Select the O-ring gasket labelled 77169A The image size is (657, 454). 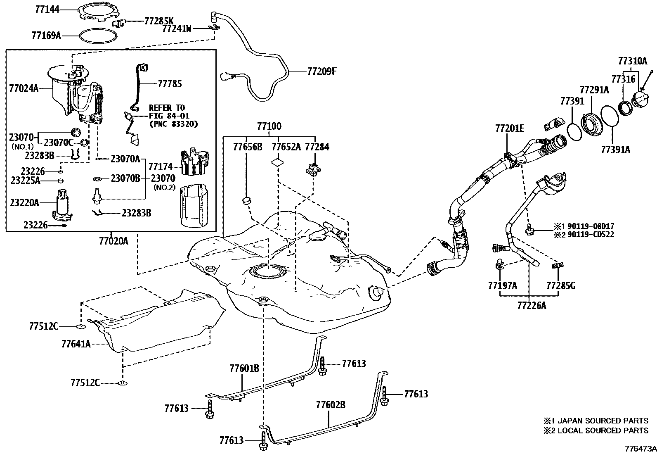click(98, 36)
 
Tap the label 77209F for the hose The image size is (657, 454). click(322, 71)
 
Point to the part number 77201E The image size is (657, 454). click(510, 129)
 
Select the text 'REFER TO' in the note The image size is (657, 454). click(167, 108)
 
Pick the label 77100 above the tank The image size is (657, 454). click(269, 126)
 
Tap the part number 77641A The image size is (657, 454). click(76, 344)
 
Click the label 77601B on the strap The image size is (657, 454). click(244, 368)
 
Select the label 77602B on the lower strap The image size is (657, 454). click(331, 404)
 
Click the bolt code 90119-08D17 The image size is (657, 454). click(591, 226)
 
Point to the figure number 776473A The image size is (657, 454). click(640, 448)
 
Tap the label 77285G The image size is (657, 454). click(560, 285)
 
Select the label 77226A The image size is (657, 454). click(532, 306)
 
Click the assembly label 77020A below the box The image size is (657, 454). click(113, 240)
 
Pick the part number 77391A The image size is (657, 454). click(615, 150)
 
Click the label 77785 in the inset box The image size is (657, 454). click(170, 84)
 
